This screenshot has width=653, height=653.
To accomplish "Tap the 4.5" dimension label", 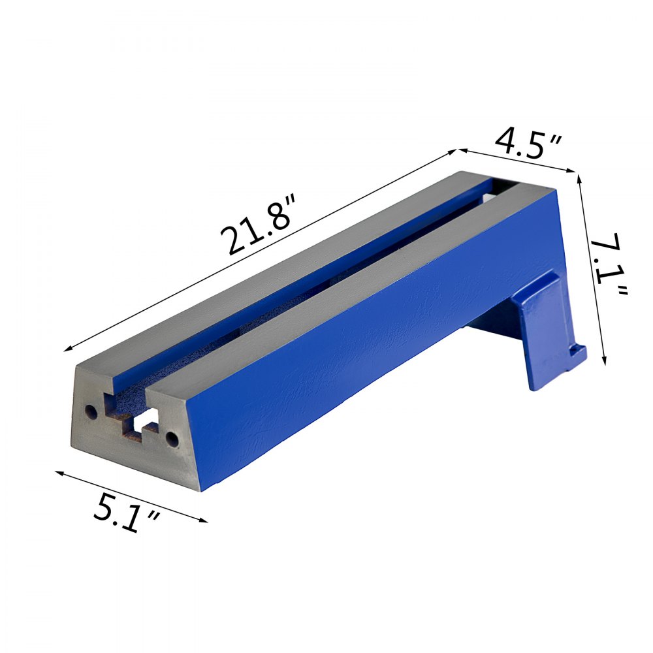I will (x=528, y=143).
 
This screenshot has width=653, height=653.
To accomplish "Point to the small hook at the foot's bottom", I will (x=577, y=353).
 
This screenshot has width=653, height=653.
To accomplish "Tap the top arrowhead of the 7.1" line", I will (x=580, y=177).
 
